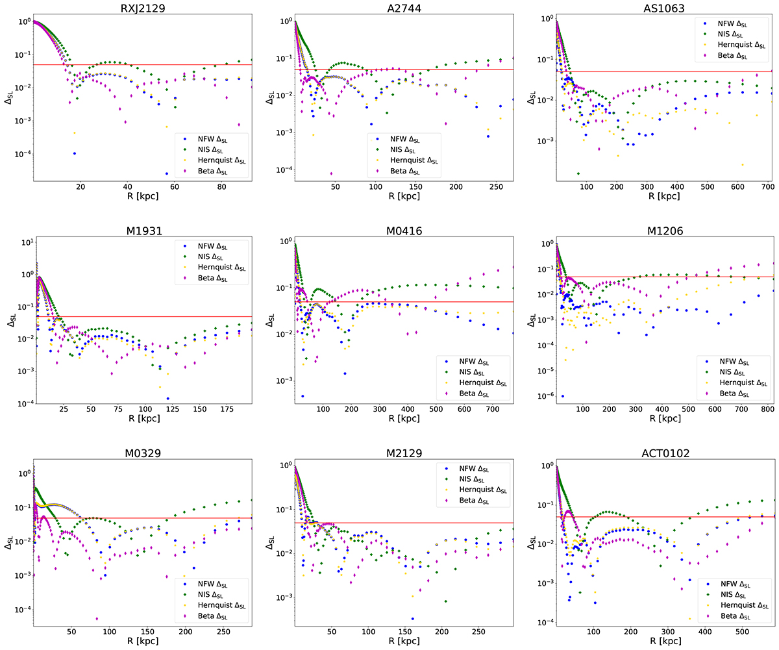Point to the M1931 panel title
coord(142,230)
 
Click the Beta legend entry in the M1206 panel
coord(737,394)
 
